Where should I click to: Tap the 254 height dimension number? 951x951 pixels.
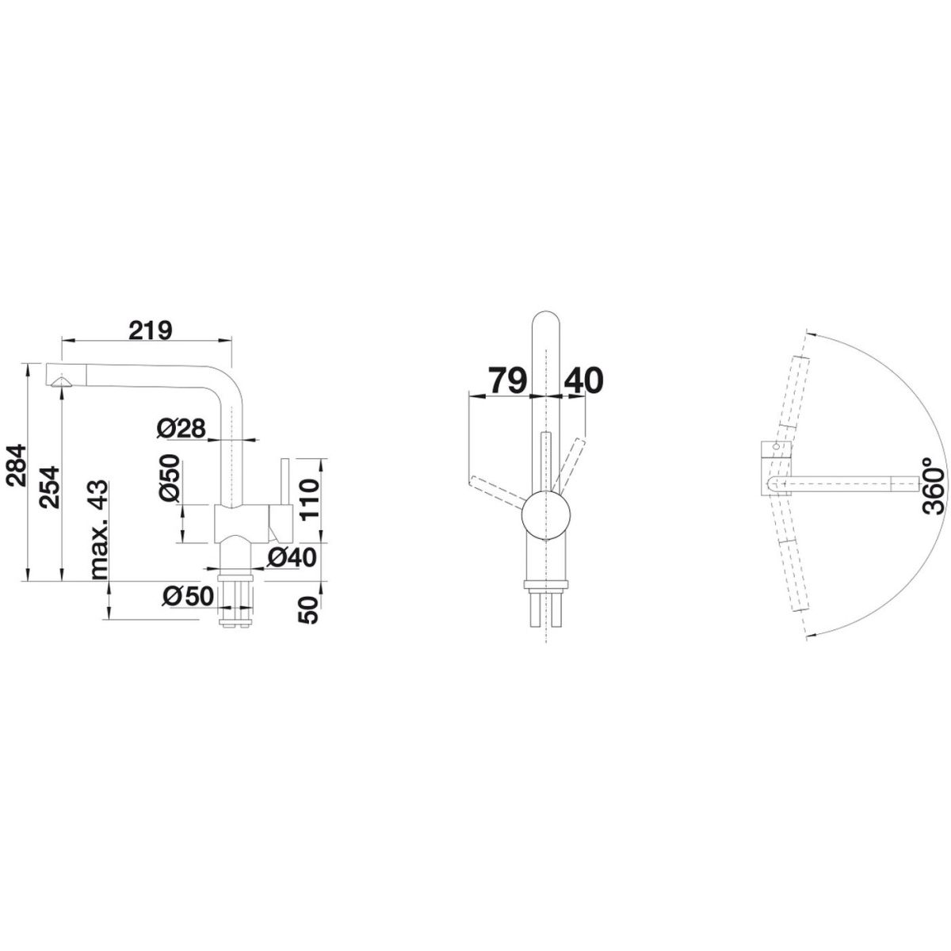coord(51,487)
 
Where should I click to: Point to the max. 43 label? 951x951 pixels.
coord(99,529)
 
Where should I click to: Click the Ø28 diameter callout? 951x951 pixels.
coord(181,429)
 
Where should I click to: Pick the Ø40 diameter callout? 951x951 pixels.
coord(292,558)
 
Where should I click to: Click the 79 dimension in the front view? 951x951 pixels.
coord(506,380)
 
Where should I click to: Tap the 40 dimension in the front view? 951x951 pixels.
coord(583,380)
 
